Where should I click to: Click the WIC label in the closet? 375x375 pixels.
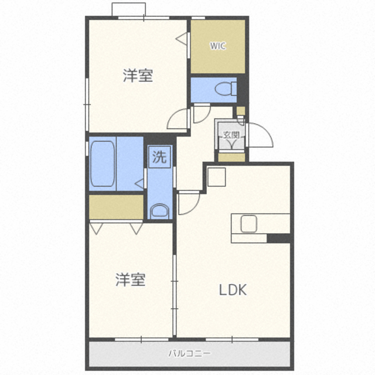coord(217,46)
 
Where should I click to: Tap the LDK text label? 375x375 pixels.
coord(233,290)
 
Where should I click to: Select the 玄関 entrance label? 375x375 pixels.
coord(231,135)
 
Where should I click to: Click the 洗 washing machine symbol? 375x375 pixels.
coord(159,157)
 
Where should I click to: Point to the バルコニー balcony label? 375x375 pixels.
coord(190,353)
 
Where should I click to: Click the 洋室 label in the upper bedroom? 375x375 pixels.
coord(138,76)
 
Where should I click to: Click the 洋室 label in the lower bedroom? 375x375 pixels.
coord(131,279)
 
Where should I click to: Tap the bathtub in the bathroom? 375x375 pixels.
coord(103,164)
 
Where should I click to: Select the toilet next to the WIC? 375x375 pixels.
coord(226,88)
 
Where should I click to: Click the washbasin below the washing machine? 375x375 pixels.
coord(159,211)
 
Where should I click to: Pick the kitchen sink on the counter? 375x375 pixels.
coord(248,224)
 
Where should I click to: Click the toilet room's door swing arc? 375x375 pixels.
coord(206,118)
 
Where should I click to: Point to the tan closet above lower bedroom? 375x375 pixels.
coord(116,207)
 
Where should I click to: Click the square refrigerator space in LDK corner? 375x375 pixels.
coord(217,177)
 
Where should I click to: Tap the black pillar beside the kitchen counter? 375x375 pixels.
coord(279,238)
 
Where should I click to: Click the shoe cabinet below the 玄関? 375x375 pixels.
coord(232,158)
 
